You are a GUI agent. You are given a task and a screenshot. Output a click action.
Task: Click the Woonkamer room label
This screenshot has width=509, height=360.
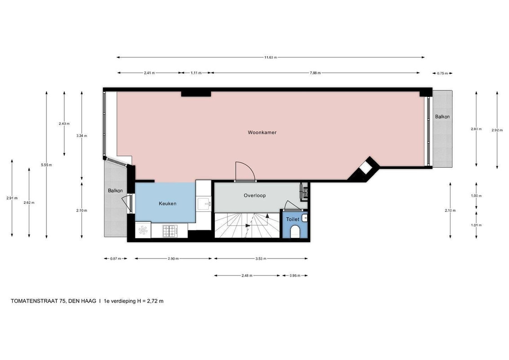262,133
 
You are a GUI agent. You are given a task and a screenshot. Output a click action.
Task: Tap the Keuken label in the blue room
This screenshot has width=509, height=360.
167,203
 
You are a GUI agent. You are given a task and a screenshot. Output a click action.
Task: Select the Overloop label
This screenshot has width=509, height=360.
254,196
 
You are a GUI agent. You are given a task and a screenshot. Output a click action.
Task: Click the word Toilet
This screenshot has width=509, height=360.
292,219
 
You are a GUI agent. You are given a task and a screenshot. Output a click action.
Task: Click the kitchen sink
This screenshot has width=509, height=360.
204,203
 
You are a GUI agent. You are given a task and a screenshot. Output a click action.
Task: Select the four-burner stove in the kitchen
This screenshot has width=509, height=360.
170,231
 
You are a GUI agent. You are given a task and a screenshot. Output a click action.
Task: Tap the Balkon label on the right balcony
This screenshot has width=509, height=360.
442,117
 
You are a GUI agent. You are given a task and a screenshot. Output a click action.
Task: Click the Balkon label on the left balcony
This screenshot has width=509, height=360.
115,191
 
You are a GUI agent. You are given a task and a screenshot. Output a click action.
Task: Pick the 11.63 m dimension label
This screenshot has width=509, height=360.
270,58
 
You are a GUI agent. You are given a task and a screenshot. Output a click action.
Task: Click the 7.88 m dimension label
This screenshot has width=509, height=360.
315,73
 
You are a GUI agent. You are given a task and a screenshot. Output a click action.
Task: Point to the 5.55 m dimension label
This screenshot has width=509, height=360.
46,165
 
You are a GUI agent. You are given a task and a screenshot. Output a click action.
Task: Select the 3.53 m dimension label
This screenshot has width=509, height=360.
261,259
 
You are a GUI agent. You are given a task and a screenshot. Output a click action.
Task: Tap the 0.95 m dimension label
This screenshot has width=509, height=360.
295,275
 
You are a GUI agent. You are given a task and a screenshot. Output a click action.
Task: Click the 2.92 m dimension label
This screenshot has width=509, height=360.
497,130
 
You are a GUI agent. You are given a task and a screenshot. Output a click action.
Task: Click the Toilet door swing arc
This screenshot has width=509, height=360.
291,206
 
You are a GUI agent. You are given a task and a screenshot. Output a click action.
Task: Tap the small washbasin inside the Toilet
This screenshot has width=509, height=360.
305,218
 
